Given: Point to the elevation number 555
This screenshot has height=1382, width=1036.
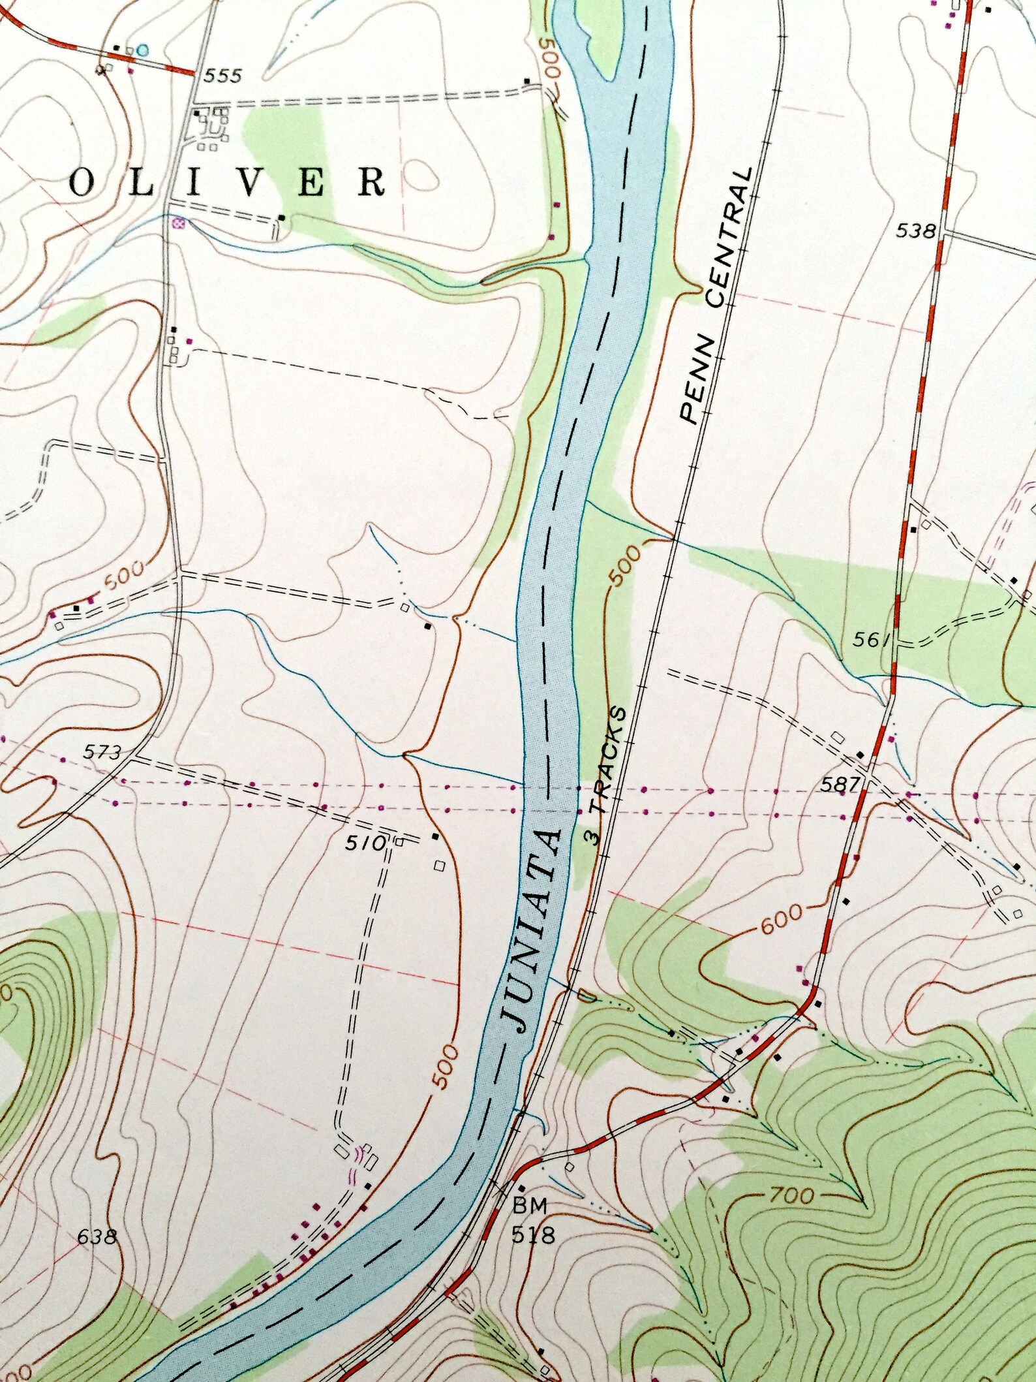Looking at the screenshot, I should [x=222, y=76].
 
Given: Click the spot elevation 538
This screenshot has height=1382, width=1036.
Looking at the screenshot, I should [x=915, y=230].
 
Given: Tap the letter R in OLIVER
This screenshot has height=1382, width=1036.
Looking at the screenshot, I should [x=372, y=184].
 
